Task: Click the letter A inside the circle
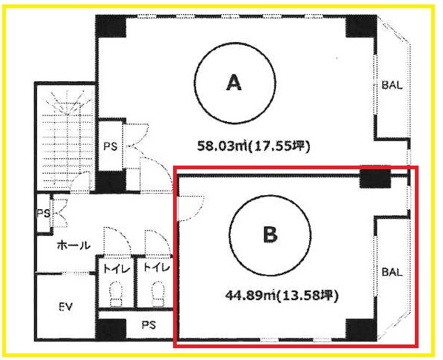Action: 234,83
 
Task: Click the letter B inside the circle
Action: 270,234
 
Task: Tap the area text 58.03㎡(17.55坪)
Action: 254,146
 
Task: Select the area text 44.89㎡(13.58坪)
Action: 281,296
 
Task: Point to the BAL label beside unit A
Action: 392,85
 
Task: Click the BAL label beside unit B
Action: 392,272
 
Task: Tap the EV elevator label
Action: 66,307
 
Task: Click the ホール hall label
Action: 73,245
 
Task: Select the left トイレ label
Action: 117,268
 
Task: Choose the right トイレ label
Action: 157,268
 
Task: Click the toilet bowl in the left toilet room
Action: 116,293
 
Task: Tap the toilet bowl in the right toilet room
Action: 158,293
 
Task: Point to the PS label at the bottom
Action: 149,325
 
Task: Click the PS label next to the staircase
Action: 110,146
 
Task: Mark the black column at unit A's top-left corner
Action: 111,26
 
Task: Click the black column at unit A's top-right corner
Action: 361,26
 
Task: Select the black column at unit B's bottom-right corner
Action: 361,329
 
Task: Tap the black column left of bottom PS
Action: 111,329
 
